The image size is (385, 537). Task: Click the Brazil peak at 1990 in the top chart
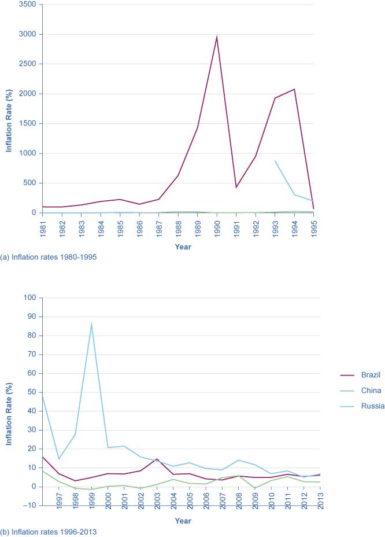pos(217,36)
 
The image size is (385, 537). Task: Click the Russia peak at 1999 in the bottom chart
pos(91,324)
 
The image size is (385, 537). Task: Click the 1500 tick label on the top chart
pos(27,124)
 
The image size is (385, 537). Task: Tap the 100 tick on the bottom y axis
pos(29,297)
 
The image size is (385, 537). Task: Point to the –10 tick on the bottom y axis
pos(28,505)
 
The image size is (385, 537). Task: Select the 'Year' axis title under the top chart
pos(183,247)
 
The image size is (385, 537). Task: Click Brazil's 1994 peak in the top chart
pos(294,89)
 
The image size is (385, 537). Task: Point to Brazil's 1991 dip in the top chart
pos(236,187)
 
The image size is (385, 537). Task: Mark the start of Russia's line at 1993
pos(275,161)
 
